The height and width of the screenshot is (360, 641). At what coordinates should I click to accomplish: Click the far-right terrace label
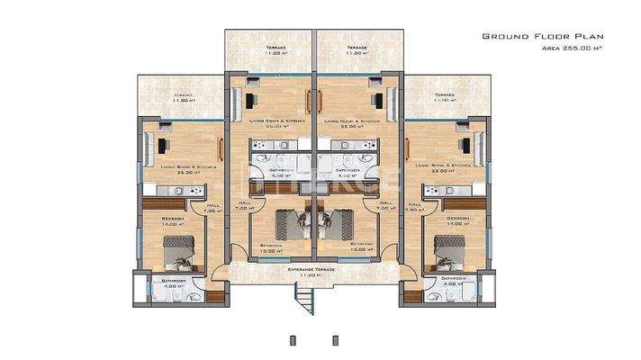(446, 98)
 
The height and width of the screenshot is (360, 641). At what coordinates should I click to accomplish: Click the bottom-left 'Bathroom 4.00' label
(174, 283)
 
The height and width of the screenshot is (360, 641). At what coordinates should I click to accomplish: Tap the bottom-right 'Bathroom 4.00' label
(455, 283)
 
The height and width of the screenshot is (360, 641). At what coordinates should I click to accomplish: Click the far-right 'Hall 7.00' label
(414, 208)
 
